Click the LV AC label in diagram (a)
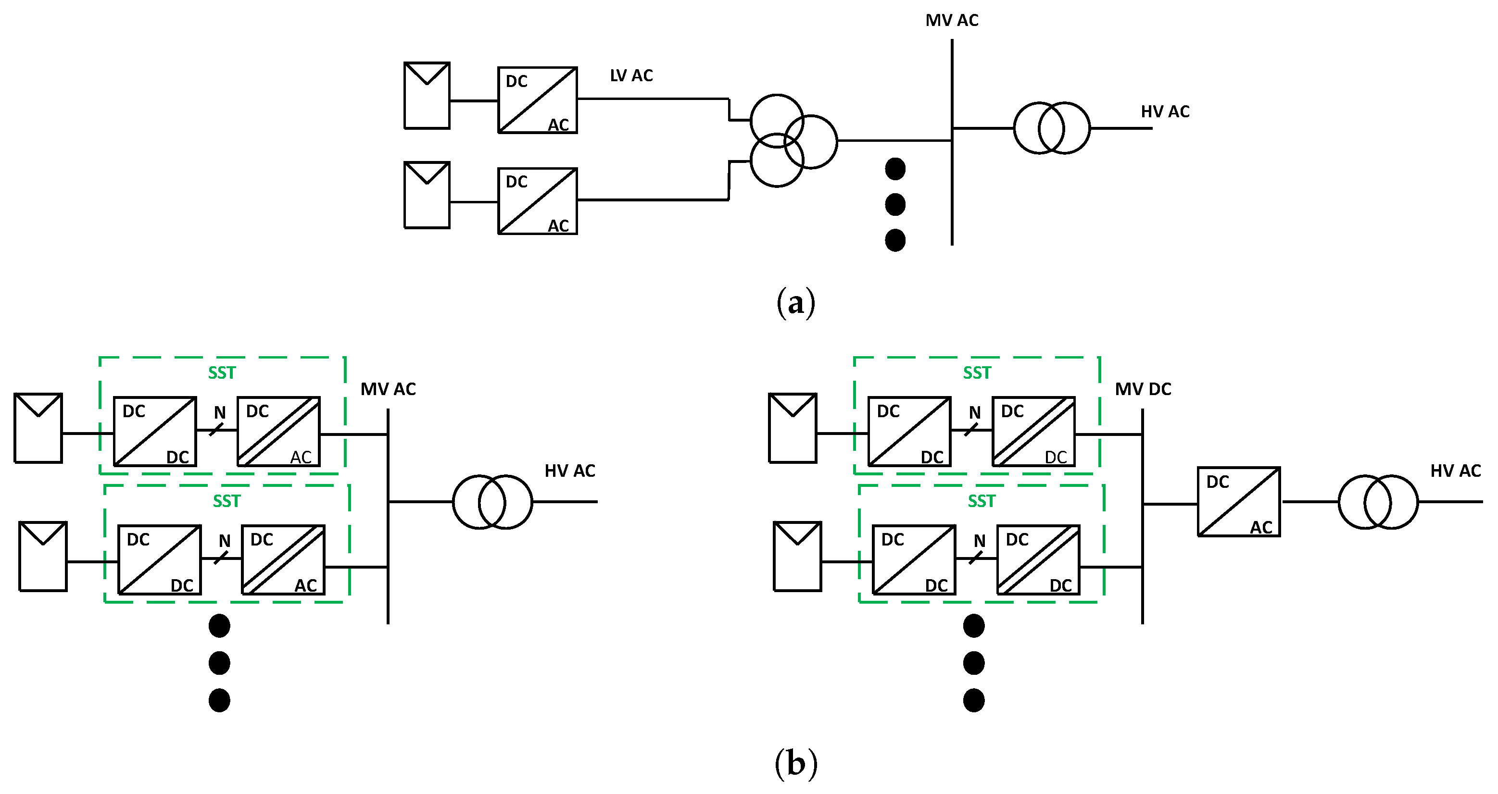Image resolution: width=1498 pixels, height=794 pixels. click(x=631, y=75)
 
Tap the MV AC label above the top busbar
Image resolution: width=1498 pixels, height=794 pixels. click(x=952, y=20)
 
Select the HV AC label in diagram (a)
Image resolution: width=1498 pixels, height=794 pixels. click(x=1165, y=112)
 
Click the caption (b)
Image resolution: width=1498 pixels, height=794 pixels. click(x=795, y=763)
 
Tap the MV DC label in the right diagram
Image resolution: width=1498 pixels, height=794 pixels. click(x=1143, y=389)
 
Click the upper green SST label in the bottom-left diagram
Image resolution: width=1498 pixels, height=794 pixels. click(x=222, y=373)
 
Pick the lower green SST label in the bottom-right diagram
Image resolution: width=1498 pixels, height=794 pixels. click(x=982, y=501)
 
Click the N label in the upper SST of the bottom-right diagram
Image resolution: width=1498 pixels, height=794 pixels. click(x=975, y=413)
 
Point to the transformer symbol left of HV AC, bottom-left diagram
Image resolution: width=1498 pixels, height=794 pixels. click(x=492, y=502)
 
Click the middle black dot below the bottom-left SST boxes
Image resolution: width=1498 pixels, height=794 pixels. click(x=219, y=663)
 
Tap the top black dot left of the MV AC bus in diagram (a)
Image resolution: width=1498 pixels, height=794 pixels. click(x=895, y=169)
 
